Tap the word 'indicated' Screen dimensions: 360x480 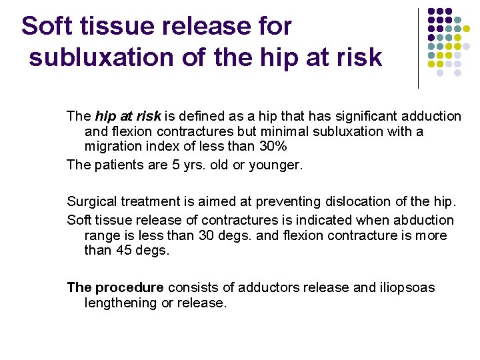point(305,220)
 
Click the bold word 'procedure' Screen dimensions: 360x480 point(129,287)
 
